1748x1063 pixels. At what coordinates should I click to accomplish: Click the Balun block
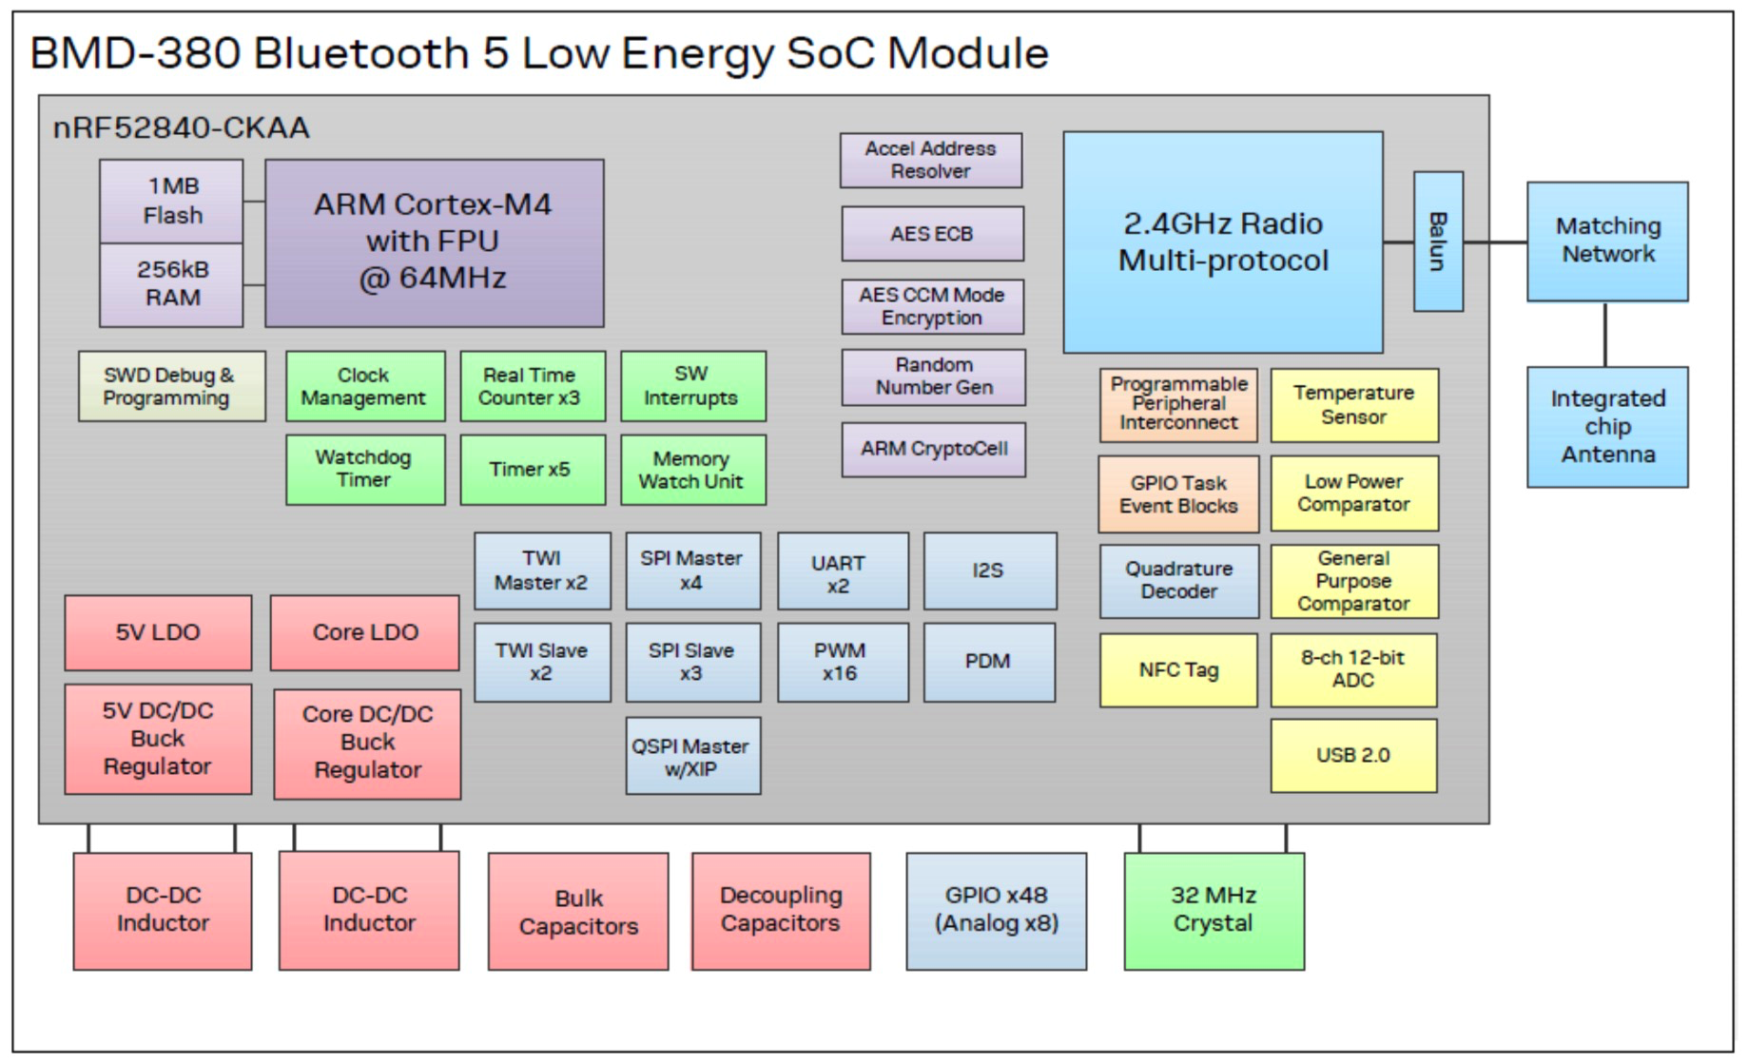(1437, 242)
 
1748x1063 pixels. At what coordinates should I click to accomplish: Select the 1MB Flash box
(171, 201)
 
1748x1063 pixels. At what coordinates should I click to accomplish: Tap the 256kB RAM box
(171, 284)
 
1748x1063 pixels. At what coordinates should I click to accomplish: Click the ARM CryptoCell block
(933, 449)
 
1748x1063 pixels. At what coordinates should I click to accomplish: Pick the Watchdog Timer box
(364, 469)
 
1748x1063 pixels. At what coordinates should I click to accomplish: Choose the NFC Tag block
(1177, 670)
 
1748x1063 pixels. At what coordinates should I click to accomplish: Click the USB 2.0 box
(1352, 755)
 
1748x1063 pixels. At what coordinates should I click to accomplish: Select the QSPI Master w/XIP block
(692, 757)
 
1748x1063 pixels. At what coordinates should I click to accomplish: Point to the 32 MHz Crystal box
(1214, 910)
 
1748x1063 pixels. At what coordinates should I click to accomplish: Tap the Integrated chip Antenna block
(1607, 427)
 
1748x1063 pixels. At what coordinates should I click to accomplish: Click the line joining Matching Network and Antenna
(1605, 334)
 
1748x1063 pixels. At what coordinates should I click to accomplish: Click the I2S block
(989, 570)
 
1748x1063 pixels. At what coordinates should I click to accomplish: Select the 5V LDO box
(158, 632)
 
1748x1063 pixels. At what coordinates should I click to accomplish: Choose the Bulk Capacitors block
(578, 911)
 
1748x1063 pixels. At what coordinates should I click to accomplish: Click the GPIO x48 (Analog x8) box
(996, 910)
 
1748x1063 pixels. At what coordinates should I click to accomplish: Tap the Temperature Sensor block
(1353, 405)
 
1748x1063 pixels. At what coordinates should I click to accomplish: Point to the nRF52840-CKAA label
(181, 127)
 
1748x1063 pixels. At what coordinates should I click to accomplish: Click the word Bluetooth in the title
(361, 53)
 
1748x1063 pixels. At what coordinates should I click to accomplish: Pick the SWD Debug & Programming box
(171, 386)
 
